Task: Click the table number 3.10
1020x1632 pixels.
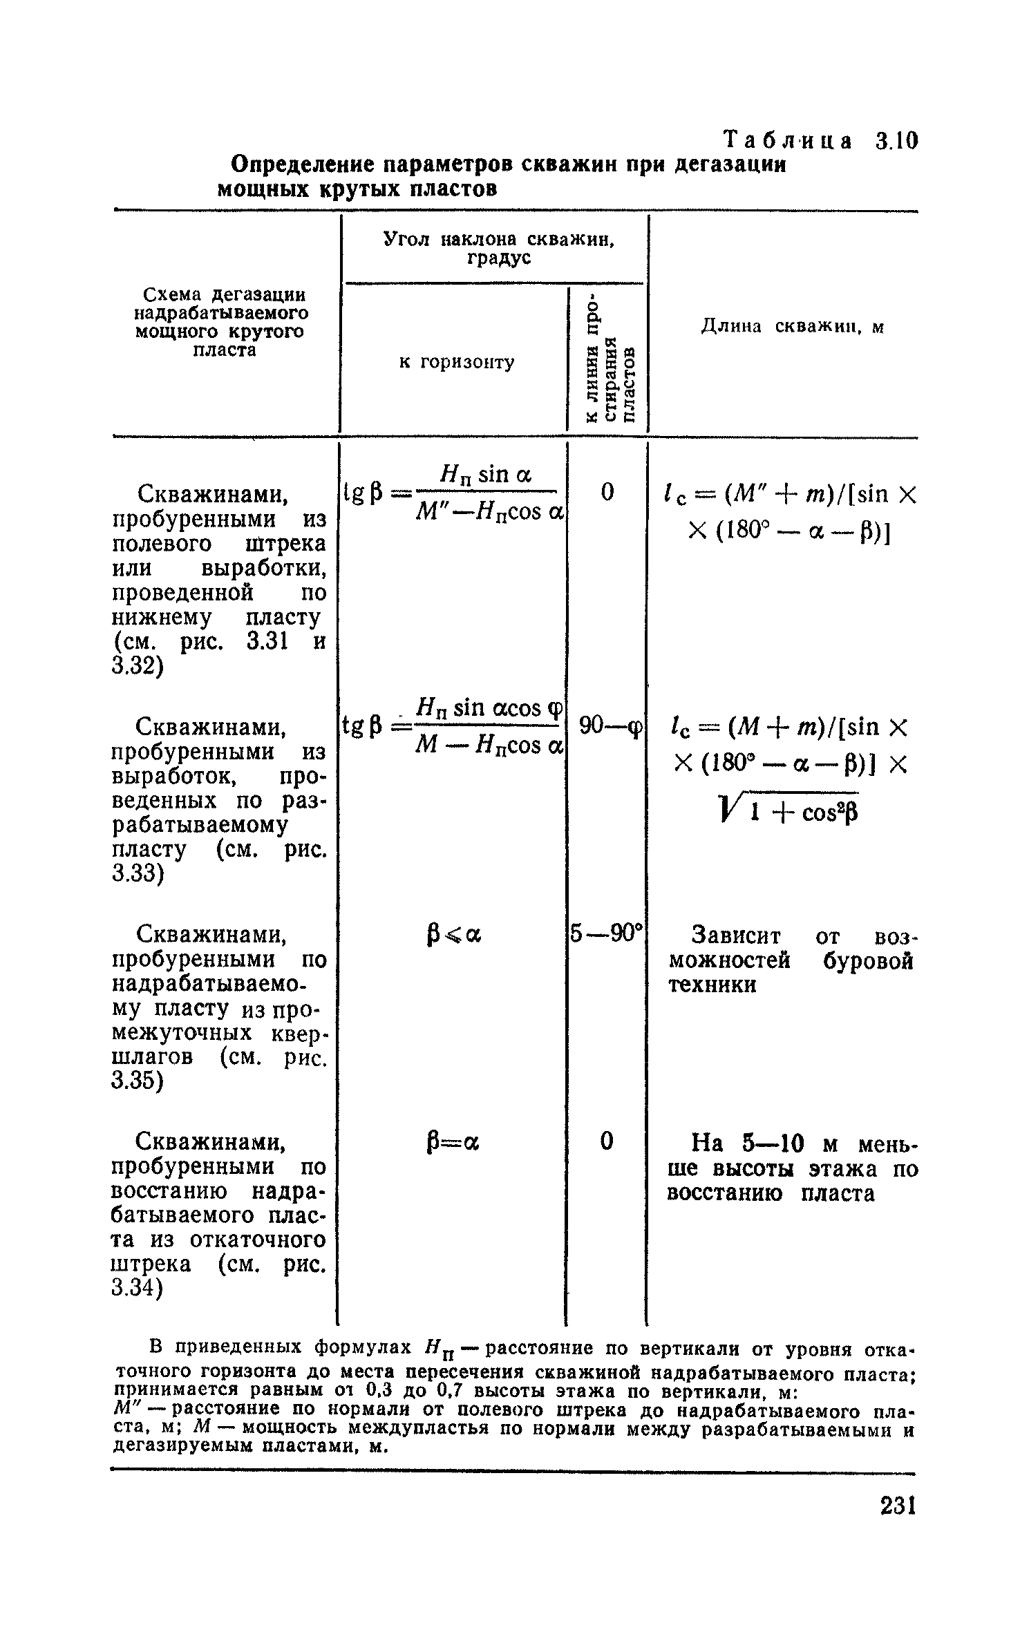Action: [896, 142]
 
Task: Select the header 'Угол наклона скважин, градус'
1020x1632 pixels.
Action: [498, 248]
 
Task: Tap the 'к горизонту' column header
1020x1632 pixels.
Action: [457, 362]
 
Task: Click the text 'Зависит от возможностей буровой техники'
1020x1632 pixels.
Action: [791, 960]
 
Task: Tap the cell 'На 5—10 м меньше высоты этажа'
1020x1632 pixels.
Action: [792, 1169]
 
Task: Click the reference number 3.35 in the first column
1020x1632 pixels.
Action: [138, 1082]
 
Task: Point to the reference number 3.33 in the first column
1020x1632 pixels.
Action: [138, 874]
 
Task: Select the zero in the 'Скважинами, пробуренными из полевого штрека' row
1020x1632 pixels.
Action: [607, 492]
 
